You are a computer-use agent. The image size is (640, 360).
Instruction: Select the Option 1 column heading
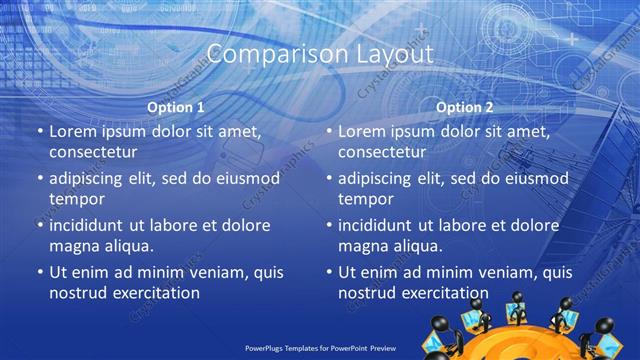176,107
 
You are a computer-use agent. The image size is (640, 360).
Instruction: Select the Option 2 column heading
465,107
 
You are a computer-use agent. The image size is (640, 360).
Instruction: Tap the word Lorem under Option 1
72,131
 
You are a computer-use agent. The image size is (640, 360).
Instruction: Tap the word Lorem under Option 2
361,131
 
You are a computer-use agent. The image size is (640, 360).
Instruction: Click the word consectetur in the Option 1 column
93,152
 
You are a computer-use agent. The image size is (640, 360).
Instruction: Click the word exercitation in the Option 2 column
440,293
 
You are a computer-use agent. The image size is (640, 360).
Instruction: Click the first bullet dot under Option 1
39,131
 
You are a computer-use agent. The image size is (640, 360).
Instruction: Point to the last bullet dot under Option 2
328,272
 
